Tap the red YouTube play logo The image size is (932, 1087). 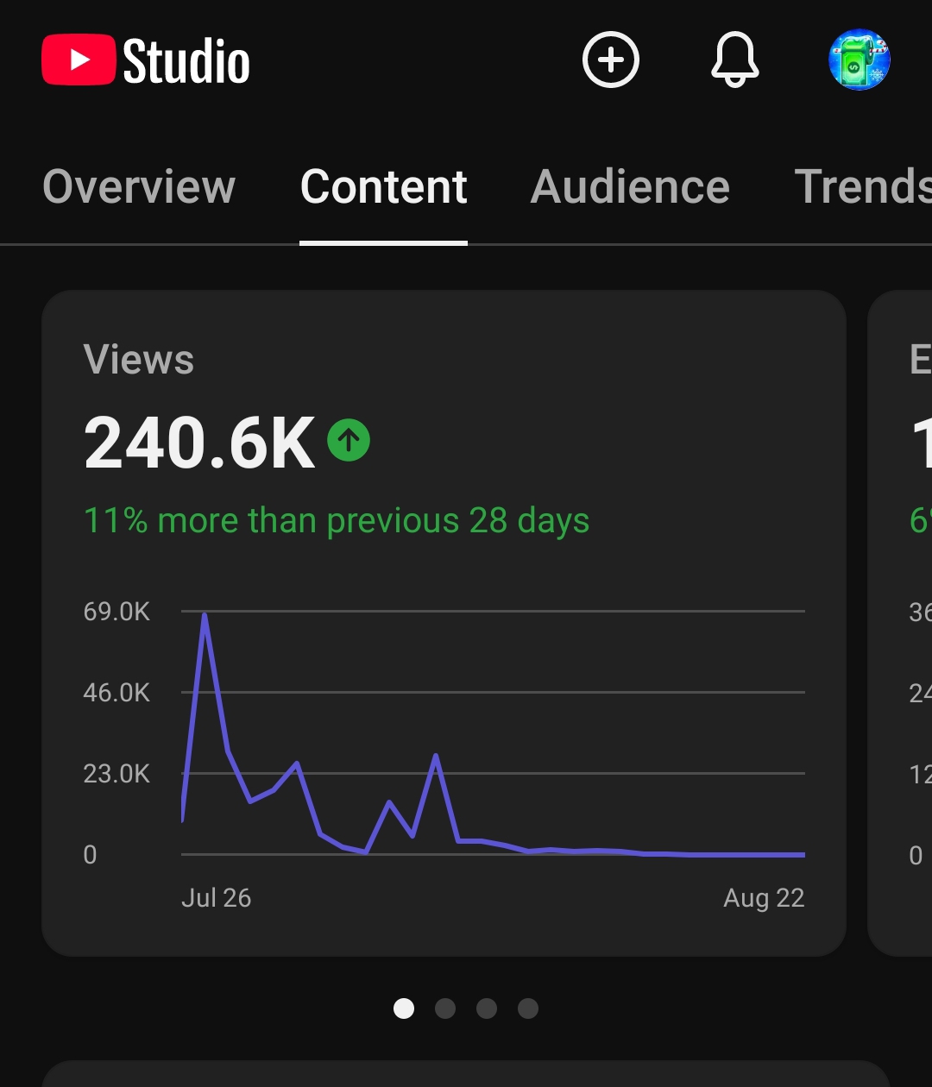pos(79,60)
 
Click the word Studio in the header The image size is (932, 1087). pos(186,61)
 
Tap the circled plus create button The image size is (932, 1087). pos(611,60)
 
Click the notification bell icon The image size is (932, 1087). pos(734,60)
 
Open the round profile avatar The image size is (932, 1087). pos(860,60)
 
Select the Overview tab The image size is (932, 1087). pos(139,186)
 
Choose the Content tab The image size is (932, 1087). pos(383,186)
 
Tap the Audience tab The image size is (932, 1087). pos(630,186)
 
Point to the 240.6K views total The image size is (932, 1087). pos(200,442)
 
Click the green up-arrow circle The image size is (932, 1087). pos(349,440)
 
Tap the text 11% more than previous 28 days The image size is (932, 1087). pos(337,520)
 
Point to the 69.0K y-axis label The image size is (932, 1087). pos(116,612)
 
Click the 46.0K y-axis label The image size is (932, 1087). pos(116,693)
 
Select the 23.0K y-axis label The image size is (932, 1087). pos(116,774)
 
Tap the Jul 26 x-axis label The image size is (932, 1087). pos(216,898)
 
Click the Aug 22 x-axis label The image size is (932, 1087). pos(765,898)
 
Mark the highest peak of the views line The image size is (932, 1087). pos(205,614)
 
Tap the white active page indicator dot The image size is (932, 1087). pos(404,1008)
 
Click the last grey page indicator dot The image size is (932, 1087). pos(528,1008)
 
